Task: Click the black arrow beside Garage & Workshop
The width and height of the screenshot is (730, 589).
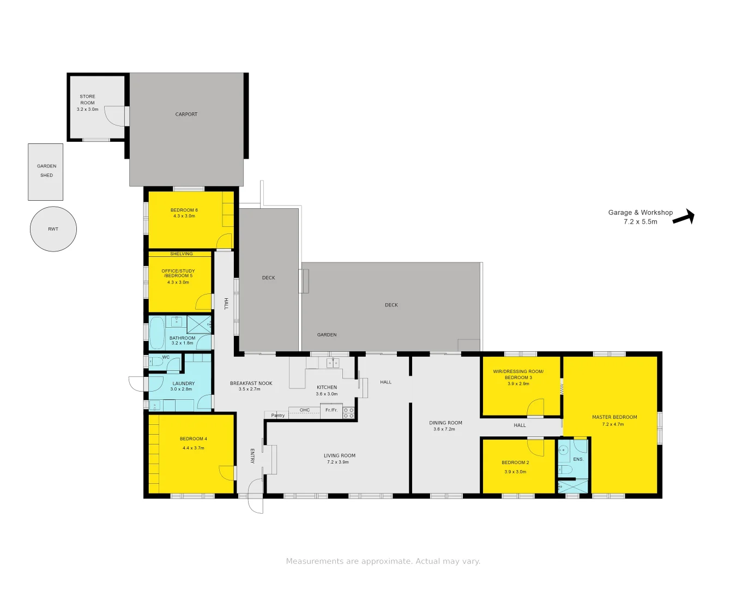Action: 684,218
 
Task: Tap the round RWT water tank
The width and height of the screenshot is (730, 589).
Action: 53,229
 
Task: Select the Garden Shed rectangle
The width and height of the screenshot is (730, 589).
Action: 46,172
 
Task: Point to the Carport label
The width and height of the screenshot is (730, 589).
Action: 186,115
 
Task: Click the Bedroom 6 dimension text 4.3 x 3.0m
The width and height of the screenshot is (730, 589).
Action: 184,217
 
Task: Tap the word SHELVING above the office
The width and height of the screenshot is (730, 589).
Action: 182,254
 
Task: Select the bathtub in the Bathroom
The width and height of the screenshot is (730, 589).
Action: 157,333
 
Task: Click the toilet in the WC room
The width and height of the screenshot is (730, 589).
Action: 155,361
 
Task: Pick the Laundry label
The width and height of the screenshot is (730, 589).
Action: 184,383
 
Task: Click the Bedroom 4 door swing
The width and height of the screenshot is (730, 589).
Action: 227,473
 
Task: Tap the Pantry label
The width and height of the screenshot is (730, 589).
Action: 278,416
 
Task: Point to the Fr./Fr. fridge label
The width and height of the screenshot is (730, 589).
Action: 331,410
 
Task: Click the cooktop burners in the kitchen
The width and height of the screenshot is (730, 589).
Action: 349,413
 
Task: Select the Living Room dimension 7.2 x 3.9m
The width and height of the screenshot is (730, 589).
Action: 338,462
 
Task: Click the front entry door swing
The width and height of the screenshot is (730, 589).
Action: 255,496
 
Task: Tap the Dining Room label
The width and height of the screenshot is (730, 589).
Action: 445,423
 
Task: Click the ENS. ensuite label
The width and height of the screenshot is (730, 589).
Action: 578,459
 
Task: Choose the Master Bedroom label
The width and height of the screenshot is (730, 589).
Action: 614,417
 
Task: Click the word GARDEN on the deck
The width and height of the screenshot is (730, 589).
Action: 327,335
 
